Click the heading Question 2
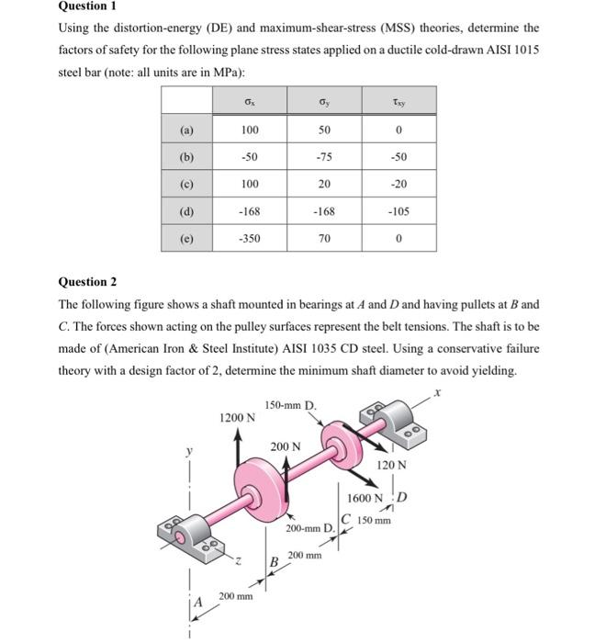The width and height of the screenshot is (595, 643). coord(90,282)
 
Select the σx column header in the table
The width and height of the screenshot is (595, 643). coord(250,99)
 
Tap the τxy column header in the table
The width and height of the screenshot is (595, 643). coord(398,99)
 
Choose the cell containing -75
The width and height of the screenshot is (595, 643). coord(323,157)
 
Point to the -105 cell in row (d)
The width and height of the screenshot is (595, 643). coord(398,211)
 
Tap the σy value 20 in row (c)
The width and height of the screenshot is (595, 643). coord(323,184)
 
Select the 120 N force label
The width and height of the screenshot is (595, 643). coord(390,465)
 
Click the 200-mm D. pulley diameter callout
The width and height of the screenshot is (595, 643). coord(309,529)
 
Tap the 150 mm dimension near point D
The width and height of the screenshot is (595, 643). coord(376,520)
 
